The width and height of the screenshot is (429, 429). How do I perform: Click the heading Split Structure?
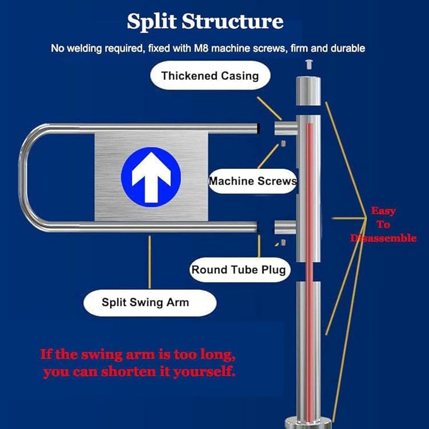tap(205, 21)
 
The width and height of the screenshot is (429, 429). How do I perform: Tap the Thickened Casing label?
tap(210, 76)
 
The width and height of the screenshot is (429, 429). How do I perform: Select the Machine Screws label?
tap(253, 181)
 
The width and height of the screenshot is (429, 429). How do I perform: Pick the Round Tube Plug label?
tap(239, 269)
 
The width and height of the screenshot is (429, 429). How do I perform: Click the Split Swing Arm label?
tap(150, 302)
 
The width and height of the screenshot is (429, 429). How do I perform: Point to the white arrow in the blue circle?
tap(151, 177)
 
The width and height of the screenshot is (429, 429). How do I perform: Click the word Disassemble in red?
tap(383, 238)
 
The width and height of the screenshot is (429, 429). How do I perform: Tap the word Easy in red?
tap(383, 211)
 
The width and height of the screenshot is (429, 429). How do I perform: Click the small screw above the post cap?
tap(309, 64)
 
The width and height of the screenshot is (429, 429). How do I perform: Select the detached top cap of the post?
tap(308, 91)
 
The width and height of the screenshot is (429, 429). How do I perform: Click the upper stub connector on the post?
tap(286, 128)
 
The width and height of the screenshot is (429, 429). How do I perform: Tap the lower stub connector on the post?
tap(285, 227)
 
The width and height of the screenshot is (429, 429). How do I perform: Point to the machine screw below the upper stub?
tap(284, 143)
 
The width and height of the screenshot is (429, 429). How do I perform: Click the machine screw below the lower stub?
tap(284, 242)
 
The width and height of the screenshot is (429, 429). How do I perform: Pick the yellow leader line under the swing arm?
tap(149, 262)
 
